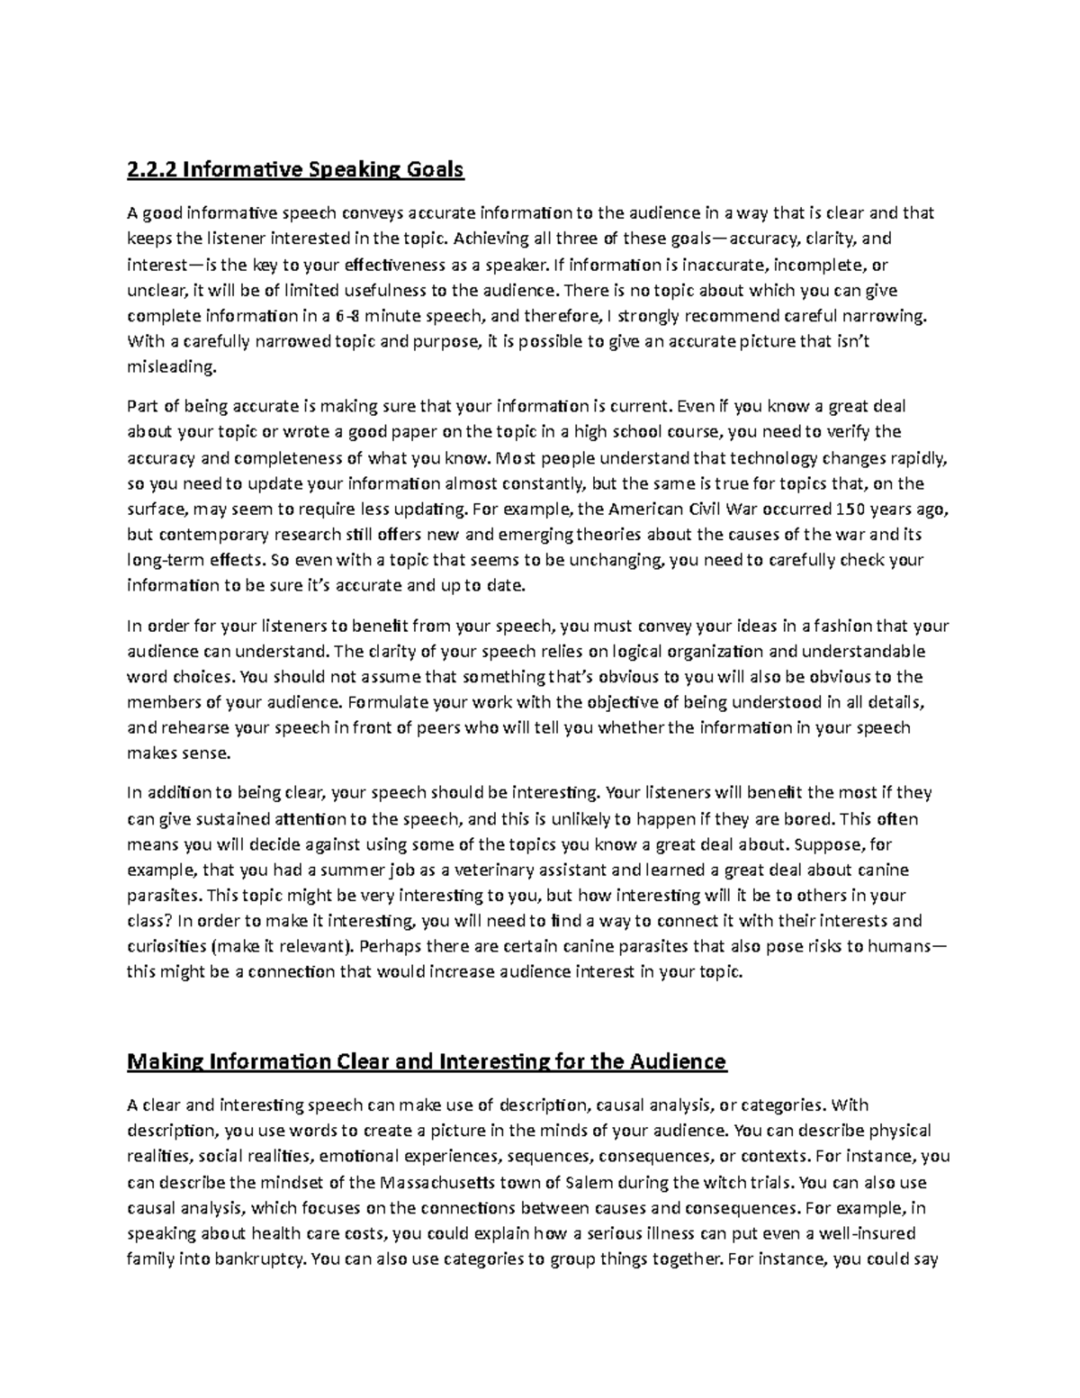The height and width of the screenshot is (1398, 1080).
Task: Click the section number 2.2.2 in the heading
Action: [149, 168]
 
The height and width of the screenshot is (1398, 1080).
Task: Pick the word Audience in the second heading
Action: [681, 1061]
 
